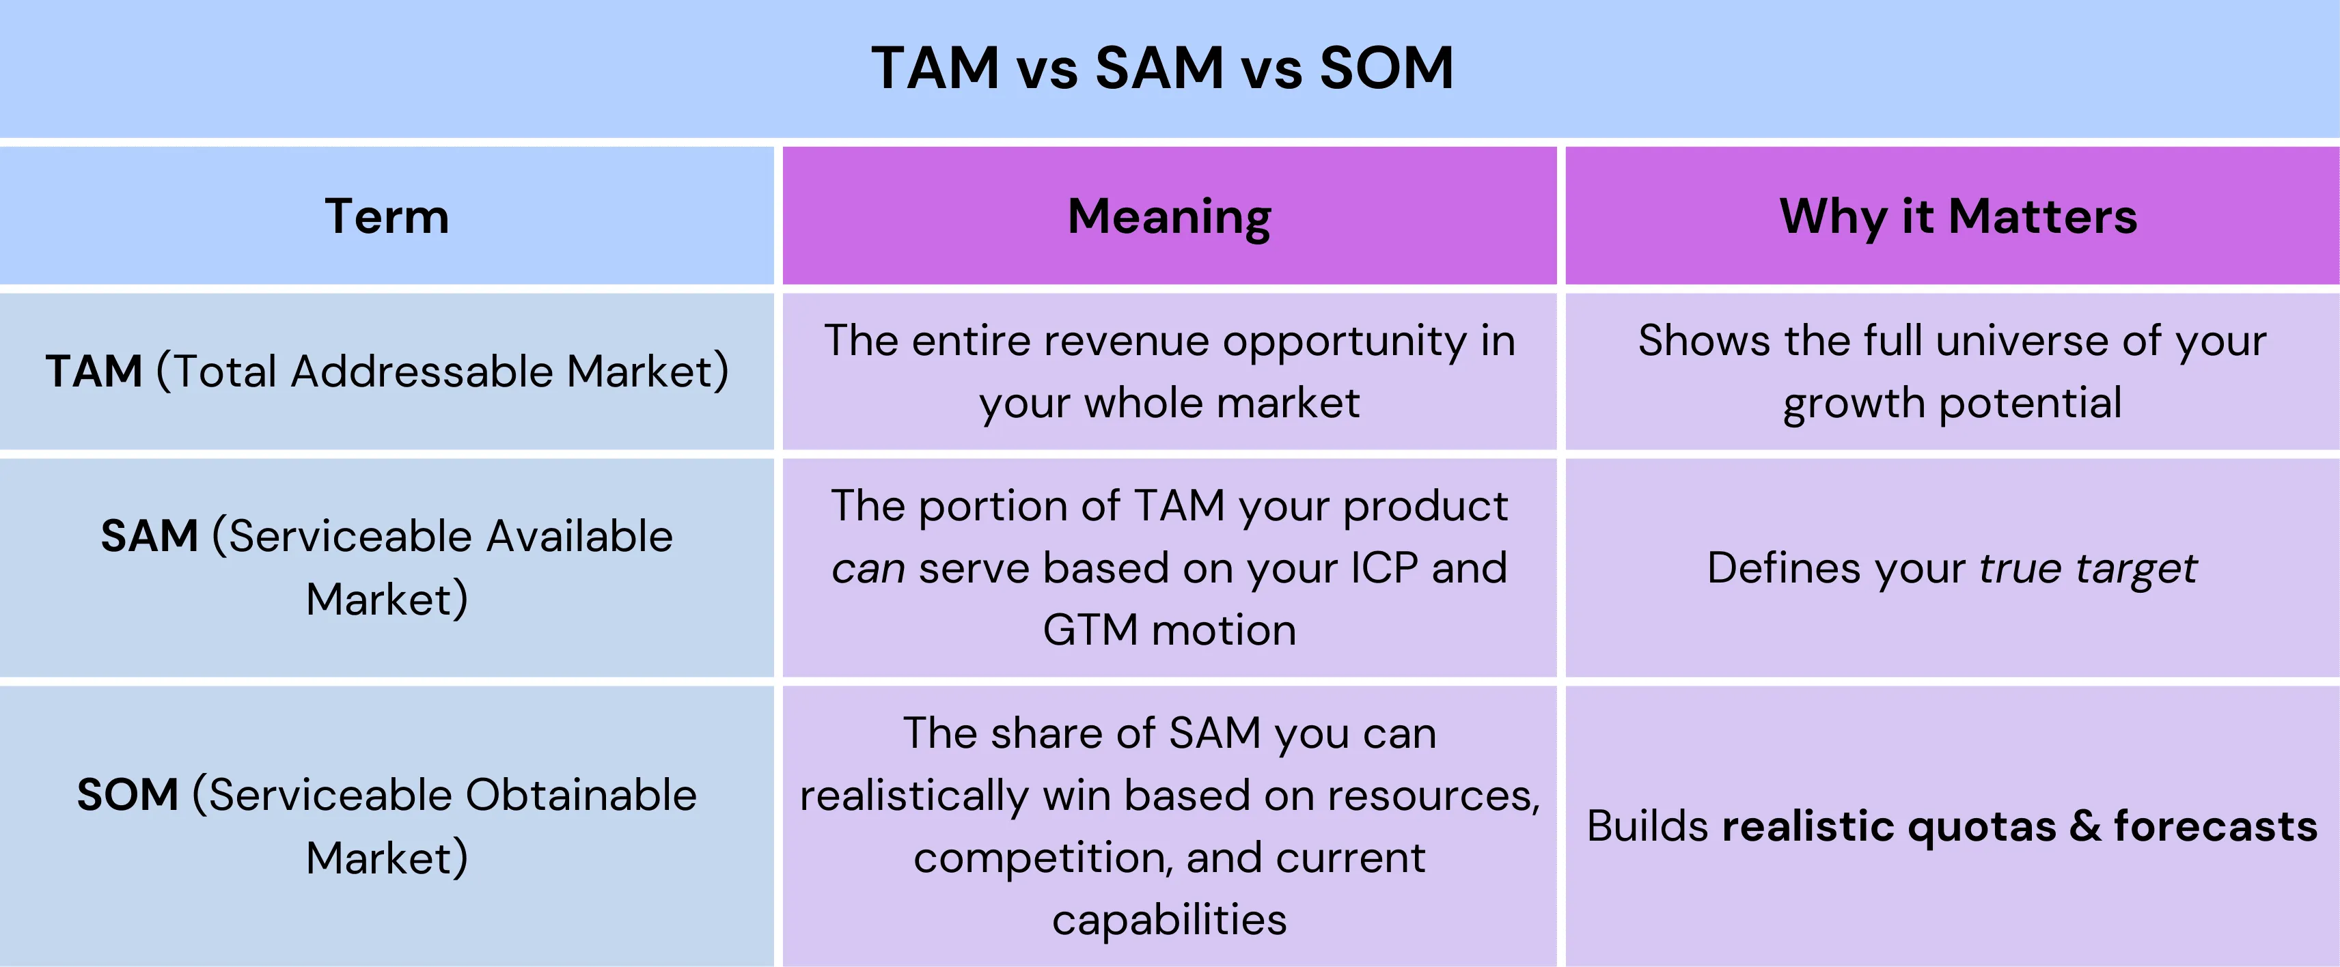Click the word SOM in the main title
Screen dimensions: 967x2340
pos(1386,68)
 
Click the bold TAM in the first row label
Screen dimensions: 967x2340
pos(94,372)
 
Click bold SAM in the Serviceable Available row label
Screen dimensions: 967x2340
pos(149,535)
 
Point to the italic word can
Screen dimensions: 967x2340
pos(868,568)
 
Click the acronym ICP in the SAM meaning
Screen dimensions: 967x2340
pos(1384,568)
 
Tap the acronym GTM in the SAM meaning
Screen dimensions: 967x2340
pos(1089,630)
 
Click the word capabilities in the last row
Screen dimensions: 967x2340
pos(1169,919)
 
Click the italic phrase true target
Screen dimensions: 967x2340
pos(2087,568)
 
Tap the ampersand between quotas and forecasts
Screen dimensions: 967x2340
pos(2084,826)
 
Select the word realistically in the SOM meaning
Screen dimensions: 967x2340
pos(913,796)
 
